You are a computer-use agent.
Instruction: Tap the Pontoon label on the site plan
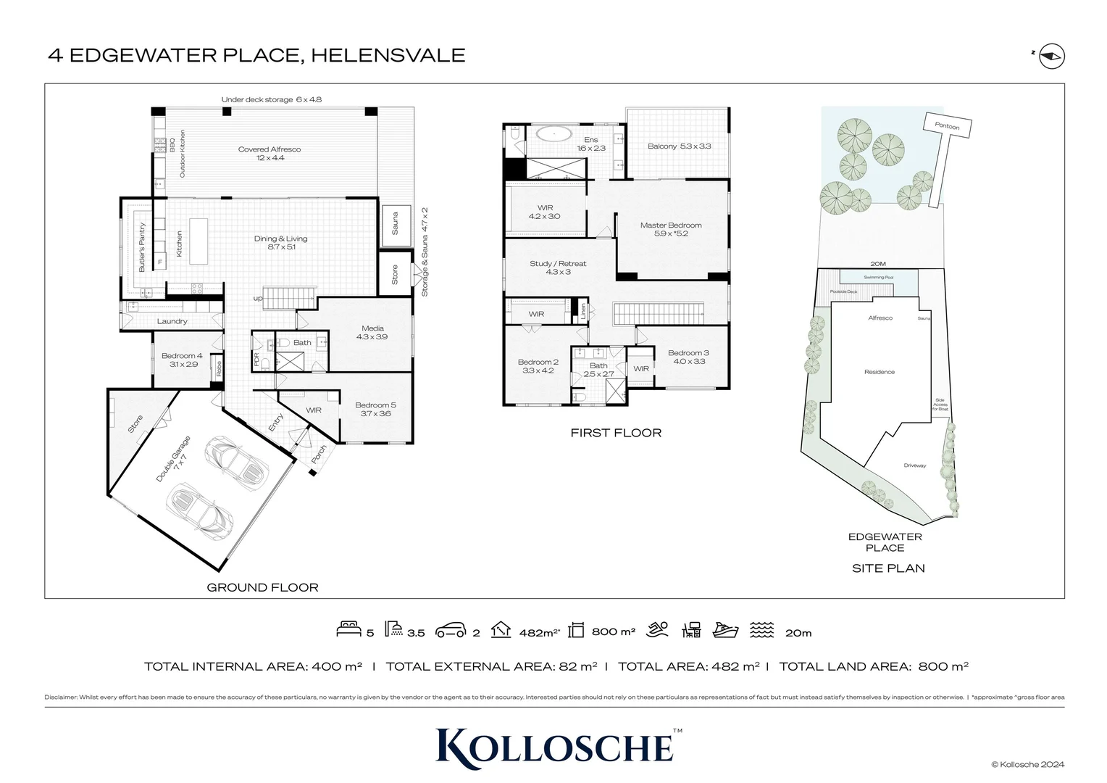[946, 126]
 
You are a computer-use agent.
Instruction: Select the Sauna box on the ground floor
[396, 223]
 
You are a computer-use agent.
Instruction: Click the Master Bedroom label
[670, 229]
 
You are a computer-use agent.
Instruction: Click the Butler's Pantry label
[142, 246]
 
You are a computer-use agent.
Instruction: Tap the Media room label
[372, 333]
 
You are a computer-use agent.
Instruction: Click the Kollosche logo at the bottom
[554, 747]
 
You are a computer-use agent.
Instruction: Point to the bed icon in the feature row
[349, 629]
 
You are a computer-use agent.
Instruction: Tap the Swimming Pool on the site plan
[878, 277]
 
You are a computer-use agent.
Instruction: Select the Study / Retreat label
[557, 268]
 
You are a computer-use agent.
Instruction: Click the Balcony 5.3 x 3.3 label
[679, 146]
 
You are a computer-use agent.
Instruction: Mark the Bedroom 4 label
[182, 360]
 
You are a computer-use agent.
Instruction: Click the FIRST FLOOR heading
[616, 433]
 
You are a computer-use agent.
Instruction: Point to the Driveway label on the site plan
[914, 465]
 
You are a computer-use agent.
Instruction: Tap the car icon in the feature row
[450, 630]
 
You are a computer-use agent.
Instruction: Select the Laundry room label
[172, 321]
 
